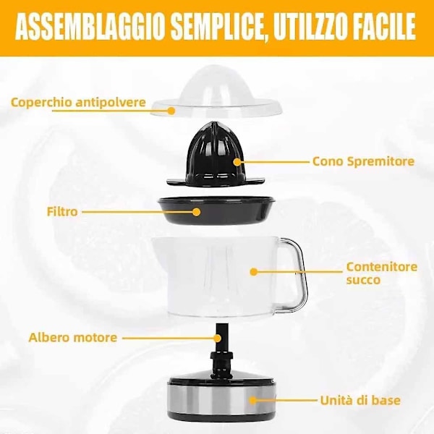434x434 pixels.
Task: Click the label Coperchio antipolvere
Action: pos(78,103)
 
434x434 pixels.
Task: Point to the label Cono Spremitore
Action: pos(363,161)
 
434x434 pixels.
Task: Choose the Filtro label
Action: pos(62,212)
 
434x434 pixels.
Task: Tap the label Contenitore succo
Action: pos(382,273)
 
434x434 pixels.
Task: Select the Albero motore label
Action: pos(73,338)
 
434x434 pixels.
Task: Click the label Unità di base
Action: pos(360,400)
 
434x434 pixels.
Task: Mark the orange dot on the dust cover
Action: pos(171,111)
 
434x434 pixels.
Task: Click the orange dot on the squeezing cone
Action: pos(237,162)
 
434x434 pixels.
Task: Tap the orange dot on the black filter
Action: pos(197,212)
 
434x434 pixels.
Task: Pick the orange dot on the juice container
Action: pos(254,272)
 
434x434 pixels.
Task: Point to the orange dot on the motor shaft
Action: pos(218,338)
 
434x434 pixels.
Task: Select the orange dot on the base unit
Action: pos(252,400)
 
